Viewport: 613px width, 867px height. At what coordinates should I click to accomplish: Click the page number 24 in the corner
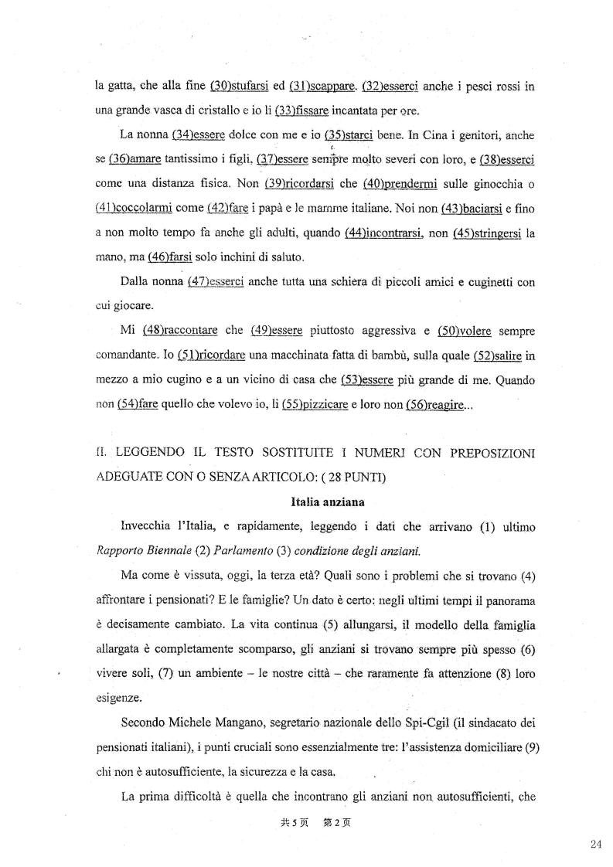click(x=594, y=844)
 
